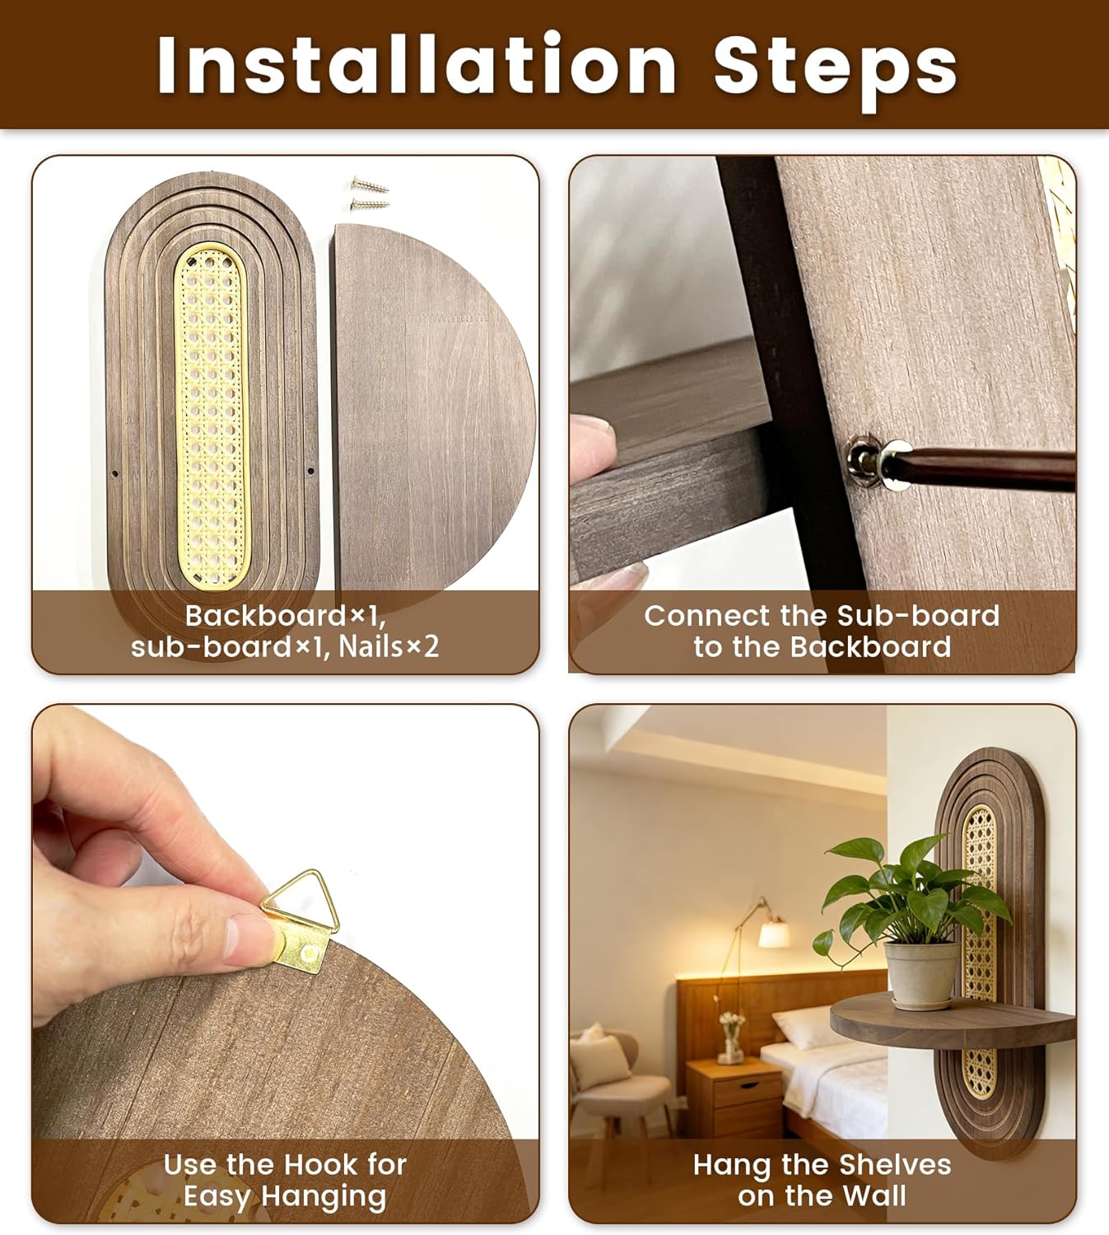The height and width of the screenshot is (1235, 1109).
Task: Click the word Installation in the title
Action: click(417, 63)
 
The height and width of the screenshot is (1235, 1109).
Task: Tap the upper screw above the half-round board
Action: click(370, 184)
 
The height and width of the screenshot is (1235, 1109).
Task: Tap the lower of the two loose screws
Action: click(370, 204)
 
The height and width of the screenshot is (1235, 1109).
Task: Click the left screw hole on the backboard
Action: click(115, 473)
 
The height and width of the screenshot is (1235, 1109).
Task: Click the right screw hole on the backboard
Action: click(311, 471)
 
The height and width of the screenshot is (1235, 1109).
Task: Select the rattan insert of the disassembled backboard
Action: click(212, 417)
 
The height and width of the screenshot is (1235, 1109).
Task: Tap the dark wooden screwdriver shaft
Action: click(988, 468)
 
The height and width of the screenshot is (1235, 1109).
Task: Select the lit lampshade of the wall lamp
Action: click(774, 934)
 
